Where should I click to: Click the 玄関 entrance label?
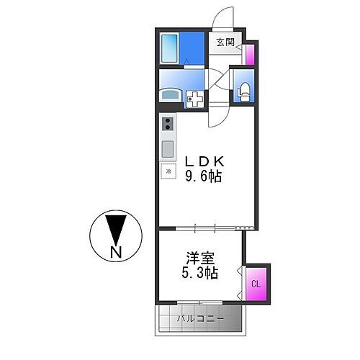point(224,42)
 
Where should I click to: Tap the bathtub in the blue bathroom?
point(169,48)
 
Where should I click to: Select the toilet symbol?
point(243,91)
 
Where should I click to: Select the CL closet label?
point(255,282)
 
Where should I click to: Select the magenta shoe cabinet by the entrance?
point(250,55)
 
